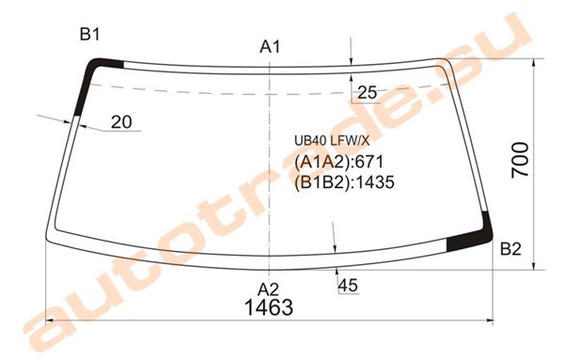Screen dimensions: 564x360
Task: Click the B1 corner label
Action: point(89,35)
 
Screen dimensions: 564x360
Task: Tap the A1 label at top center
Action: point(270,47)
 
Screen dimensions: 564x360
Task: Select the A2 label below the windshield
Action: point(268,290)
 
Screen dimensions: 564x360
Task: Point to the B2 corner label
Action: point(510,248)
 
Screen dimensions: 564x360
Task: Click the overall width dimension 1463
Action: point(269,307)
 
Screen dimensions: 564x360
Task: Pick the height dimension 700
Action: point(521,159)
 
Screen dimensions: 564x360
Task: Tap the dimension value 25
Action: point(367,93)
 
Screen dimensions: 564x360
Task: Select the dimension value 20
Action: point(121,122)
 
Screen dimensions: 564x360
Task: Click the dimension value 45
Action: point(348,286)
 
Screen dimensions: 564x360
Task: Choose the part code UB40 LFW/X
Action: point(332,141)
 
